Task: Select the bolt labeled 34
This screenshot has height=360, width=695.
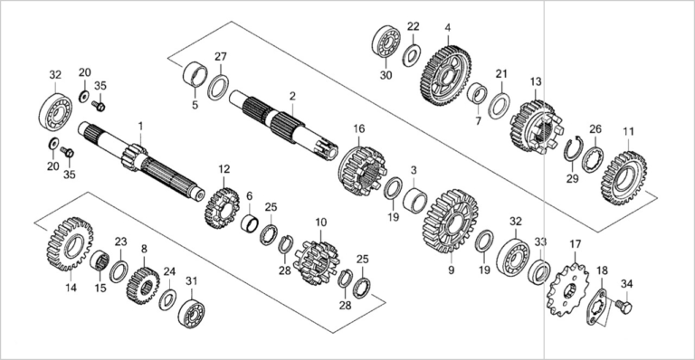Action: coord(624,306)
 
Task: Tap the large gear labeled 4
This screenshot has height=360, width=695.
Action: coord(444,76)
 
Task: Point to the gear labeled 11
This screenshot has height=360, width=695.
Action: coord(624,178)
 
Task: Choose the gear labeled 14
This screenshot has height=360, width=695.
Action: coord(69,244)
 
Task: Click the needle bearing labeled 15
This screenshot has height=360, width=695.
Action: coord(100,261)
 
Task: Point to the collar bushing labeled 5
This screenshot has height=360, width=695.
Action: coord(195,75)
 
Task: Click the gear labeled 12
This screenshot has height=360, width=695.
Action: coord(222,208)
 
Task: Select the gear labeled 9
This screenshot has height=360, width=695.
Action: coord(450,222)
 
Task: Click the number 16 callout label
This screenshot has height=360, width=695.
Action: coord(359,128)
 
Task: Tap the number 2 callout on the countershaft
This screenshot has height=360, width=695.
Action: coord(292,96)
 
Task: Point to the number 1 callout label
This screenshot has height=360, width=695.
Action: coord(140,127)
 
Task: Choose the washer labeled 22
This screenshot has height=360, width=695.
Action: coord(412,55)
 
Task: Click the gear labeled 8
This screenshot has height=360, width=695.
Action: coord(143,286)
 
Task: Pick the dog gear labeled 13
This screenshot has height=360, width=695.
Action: coord(537,127)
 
